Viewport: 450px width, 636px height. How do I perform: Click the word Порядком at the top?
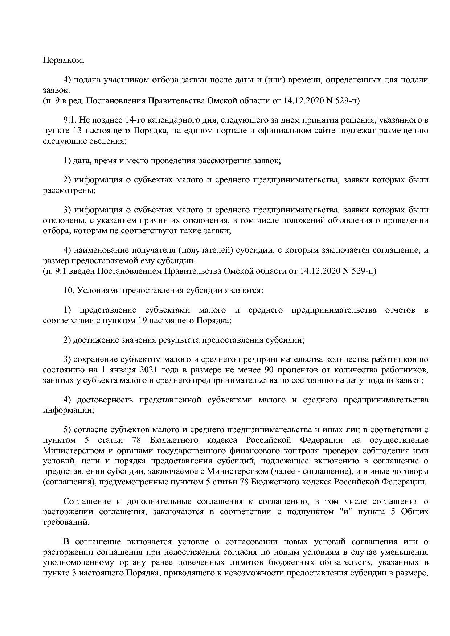pos(64,60)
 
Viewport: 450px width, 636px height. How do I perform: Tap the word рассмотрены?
pos(69,190)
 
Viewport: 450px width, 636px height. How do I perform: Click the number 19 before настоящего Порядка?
pos(142,320)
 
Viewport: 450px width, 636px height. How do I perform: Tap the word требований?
pos(66,522)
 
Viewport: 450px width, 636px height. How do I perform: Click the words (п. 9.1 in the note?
pos(54,271)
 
